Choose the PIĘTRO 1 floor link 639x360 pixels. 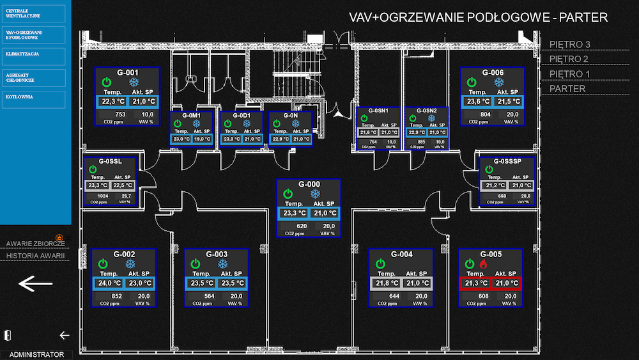[x=570, y=74]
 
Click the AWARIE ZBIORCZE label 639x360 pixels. [x=36, y=243]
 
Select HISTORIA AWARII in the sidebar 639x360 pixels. [x=36, y=256]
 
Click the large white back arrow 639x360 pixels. [x=36, y=283]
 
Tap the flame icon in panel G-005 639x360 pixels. [x=482, y=263]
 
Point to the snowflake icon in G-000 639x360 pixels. [x=314, y=194]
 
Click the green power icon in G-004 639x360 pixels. [x=380, y=263]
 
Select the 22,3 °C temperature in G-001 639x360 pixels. [x=112, y=101]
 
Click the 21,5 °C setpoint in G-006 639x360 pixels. [x=509, y=101]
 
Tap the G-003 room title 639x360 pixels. [x=217, y=254]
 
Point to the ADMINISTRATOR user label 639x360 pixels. [x=36, y=354]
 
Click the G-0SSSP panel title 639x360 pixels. [x=507, y=161]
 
